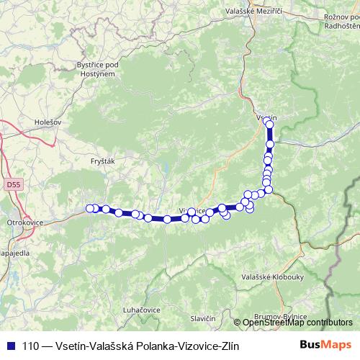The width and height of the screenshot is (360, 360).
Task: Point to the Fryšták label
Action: pos(103,162)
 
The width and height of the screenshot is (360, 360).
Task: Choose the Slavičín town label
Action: pos(204,318)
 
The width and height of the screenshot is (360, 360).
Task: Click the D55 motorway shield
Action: pos(13,184)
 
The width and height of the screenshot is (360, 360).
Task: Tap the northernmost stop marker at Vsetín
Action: pos(270,124)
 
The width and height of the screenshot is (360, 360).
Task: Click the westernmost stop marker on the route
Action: pos(90,209)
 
